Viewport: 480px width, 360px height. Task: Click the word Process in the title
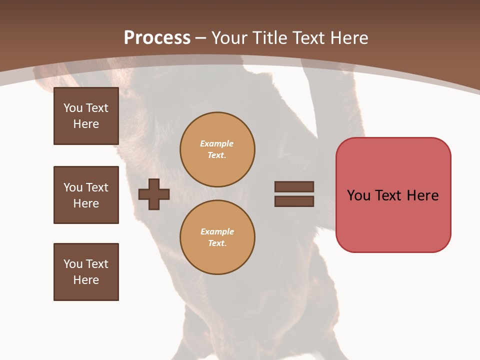[157, 37]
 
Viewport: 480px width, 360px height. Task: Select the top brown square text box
[86, 116]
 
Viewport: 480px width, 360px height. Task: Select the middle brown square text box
[86, 195]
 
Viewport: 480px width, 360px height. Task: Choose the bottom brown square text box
[86, 272]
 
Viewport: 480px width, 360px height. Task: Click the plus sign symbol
[154, 194]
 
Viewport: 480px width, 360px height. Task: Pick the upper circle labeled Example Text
[217, 149]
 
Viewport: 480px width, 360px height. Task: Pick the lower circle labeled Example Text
[217, 237]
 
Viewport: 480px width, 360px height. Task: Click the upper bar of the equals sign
[294, 186]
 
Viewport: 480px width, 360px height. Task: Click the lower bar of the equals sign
[294, 201]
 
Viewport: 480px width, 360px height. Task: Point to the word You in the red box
[358, 195]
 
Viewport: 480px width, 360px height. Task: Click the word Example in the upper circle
[217, 143]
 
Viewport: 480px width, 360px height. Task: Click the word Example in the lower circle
[217, 231]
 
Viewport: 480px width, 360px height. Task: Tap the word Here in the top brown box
[86, 124]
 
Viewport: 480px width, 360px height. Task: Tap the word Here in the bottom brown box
[86, 280]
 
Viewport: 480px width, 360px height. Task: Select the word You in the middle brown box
[73, 187]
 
